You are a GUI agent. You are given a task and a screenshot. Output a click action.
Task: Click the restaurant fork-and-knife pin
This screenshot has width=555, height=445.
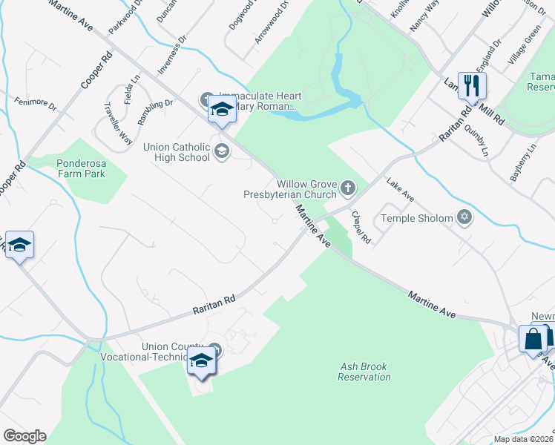(471, 85)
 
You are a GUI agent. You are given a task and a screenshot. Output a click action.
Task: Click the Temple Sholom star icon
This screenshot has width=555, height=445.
(464, 217)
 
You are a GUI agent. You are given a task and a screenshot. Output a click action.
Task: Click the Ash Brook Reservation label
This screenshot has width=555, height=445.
(364, 372)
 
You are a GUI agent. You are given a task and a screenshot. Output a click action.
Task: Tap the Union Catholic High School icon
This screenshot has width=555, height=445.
(220, 152)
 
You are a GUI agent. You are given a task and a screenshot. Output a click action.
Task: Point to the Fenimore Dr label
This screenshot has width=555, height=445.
(35, 104)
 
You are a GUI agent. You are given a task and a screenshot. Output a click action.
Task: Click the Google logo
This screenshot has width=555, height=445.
(24, 435)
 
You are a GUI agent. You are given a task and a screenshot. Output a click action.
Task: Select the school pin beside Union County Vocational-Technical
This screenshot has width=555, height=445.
(200, 360)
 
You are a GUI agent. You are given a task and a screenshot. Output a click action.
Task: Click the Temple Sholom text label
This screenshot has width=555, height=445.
(416, 218)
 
